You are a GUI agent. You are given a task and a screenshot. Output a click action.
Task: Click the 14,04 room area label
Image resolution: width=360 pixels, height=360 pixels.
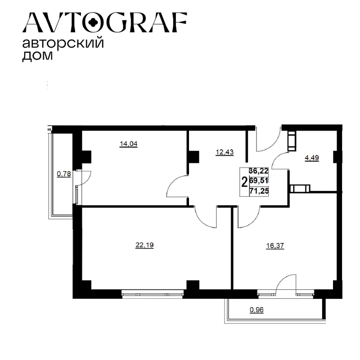coord(128,144)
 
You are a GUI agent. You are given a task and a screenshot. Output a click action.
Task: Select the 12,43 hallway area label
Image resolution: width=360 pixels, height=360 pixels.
coord(225,152)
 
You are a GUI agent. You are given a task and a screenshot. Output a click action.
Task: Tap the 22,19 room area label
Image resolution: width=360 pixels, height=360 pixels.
coord(144,245)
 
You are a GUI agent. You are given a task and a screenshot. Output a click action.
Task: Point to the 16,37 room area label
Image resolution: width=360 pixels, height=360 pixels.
coord(275,246)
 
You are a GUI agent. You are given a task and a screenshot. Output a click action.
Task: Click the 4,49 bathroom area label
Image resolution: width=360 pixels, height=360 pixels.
coord(311,158)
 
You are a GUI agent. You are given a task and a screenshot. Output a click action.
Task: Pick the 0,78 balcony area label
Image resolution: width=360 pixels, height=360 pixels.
coord(64,174)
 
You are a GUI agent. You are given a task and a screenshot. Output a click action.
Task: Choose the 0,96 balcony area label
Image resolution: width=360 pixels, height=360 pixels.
coord(256,310)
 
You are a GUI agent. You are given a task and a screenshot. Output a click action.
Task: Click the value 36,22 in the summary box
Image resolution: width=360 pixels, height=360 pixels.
coord(259,171)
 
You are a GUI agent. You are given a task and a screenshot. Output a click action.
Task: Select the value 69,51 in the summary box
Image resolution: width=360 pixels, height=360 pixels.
coord(259,181)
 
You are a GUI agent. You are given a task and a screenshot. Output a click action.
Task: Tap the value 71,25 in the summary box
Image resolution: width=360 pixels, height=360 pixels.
coord(259,191)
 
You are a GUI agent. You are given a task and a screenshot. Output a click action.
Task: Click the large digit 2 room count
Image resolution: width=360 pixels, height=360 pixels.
coord(244,182)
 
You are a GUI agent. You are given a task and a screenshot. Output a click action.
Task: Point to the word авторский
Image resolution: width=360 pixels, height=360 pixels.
coord(63,43)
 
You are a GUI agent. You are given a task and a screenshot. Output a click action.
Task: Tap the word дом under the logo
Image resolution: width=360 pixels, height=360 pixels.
coord(37,55)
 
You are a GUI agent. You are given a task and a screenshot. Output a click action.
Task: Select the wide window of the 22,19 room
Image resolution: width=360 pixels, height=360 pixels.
coord(153,294)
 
